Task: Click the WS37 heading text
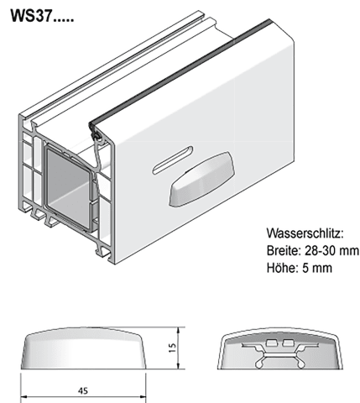coord(42,16)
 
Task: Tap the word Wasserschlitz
coord(305,233)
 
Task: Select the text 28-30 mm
coord(331,250)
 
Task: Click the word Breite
coord(283,250)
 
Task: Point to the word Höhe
coord(281,268)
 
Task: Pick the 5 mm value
coord(317,268)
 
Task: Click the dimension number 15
coord(173,348)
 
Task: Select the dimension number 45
coord(83,390)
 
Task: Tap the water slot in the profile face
coord(173,160)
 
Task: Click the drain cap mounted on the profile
coord(201,179)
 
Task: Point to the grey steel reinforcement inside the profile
coord(69,187)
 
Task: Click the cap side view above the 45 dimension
coord(83,348)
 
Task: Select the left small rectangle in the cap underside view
coord(271,343)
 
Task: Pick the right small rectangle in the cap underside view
coord(287,343)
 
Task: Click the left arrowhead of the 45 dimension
coord(24,397)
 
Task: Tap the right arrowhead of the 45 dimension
coord(143,397)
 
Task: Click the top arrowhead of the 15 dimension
coord(179,330)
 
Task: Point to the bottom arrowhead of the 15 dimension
coord(179,365)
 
